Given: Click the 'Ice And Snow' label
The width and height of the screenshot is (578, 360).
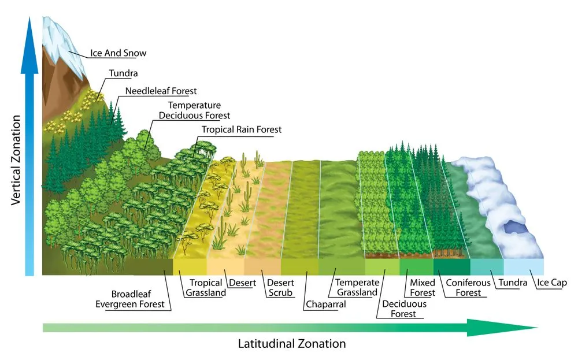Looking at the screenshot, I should coord(118,53).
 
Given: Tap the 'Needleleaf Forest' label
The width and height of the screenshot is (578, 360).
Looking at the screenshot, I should coord(162,91).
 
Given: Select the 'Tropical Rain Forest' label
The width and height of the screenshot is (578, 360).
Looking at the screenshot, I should coord(242,129).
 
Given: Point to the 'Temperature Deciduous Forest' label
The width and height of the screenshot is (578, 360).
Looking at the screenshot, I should coord(195,110).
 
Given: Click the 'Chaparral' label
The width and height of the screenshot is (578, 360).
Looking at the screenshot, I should coord(325,304).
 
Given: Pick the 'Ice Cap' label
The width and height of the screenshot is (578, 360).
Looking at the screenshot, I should coord(552,283).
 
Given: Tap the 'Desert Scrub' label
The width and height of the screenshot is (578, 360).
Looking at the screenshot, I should coord(280,288).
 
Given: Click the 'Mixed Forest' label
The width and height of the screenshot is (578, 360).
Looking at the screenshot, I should coord(423,288).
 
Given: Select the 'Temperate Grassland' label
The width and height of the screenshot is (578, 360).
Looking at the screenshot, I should coord(357,288).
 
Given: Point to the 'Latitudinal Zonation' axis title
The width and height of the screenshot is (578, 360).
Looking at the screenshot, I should coord(292,344).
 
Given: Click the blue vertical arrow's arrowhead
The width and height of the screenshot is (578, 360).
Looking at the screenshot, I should coord(29,29).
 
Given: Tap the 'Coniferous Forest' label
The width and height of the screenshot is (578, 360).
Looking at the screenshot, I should coord(468,288).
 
